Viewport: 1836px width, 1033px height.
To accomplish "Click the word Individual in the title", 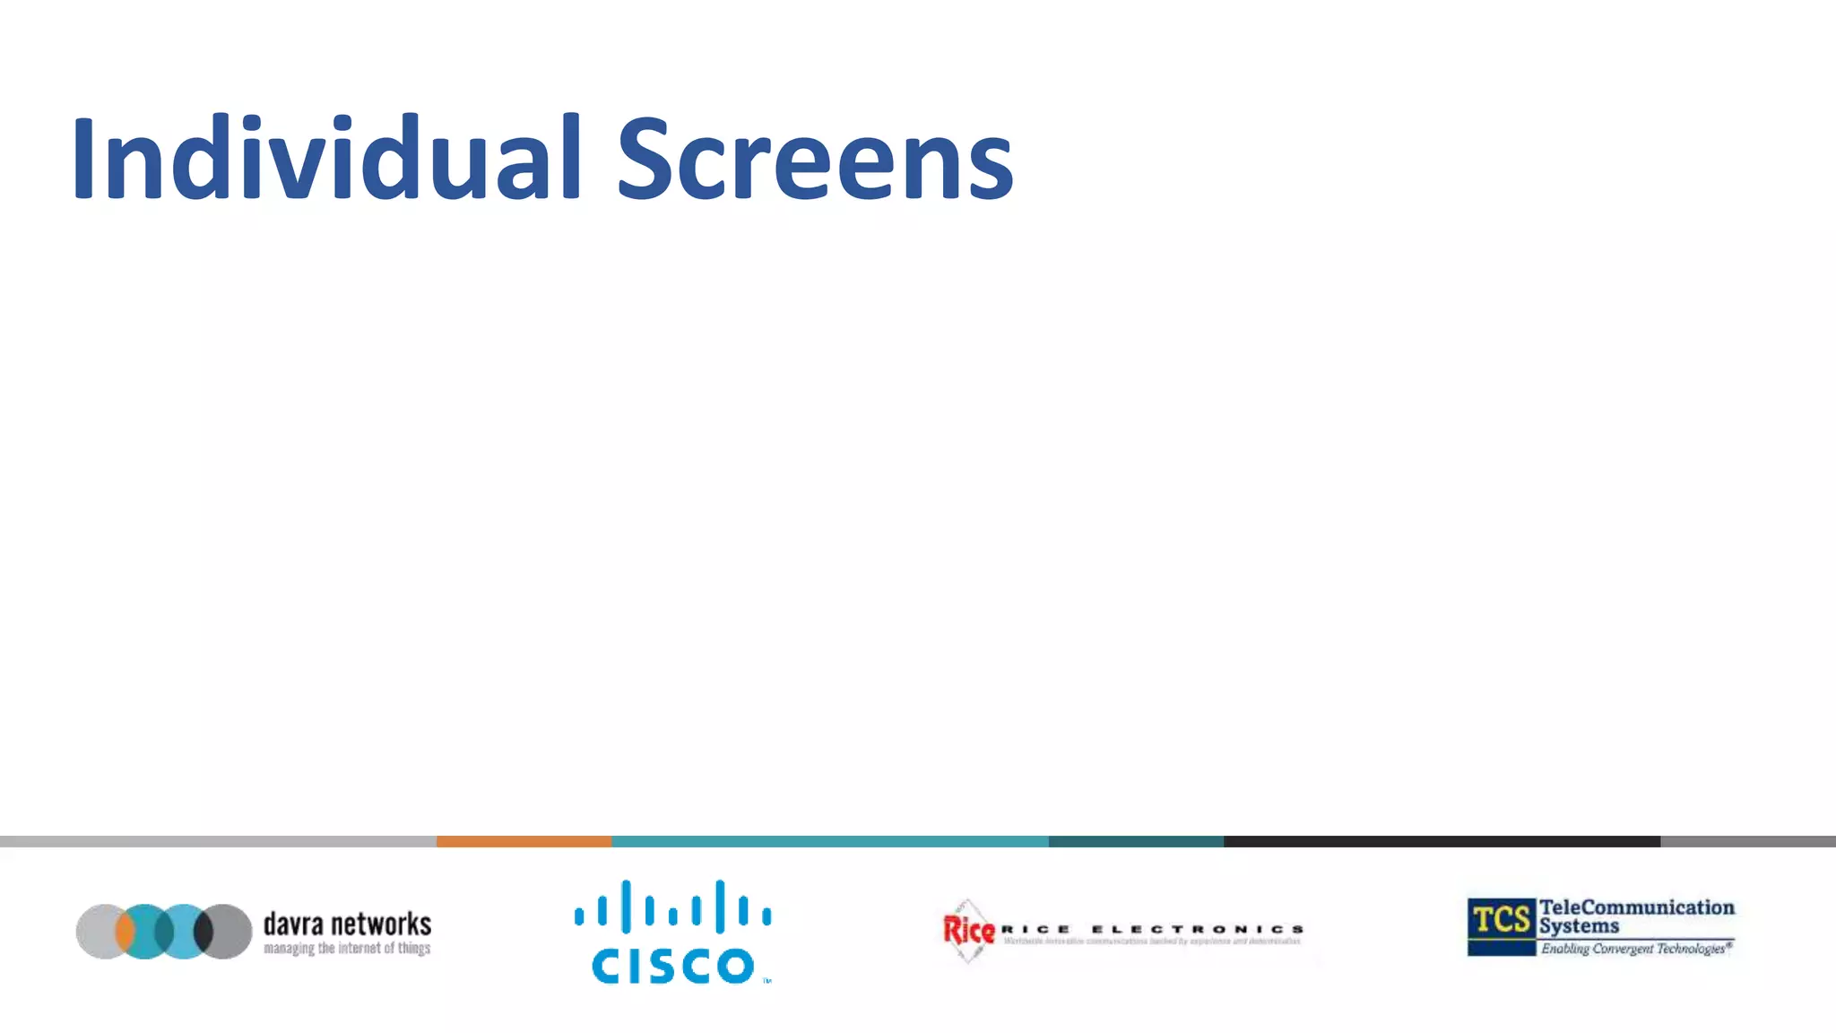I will pyautogui.click(x=327, y=158).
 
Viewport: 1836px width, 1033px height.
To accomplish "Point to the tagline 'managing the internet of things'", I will pyautogui.click(x=347, y=949).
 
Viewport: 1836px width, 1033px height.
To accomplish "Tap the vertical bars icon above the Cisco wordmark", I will pyautogui.click(x=672, y=906).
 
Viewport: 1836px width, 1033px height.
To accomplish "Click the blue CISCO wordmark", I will pyautogui.click(x=672, y=966).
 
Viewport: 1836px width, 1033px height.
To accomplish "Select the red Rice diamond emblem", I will pyautogui.click(x=968, y=931).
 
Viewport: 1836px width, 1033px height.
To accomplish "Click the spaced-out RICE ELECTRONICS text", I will pyautogui.click(x=1152, y=929).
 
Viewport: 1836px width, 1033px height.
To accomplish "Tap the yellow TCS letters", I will pyautogui.click(x=1502, y=920).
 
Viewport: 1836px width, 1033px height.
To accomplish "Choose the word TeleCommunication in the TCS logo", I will pyautogui.click(x=1637, y=907).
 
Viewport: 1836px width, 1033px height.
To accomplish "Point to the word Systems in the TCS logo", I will pyautogui.click(x=1580, y=925).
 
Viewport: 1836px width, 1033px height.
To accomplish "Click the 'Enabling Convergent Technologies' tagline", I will pyautogui.click(x=1636, y=949).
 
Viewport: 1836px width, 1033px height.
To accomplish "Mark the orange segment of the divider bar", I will pyautogui.click(x=524, y=841).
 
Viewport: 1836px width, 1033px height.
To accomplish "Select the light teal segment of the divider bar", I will pyautogui.click(x=829, y=841).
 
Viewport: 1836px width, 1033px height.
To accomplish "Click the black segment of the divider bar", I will pyautogui.click(x=1442, y=841).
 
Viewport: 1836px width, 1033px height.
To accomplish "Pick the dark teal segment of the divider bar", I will pyautogui.click(x=1136, y=841).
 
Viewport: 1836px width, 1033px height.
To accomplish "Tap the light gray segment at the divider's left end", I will pyautogui.click(x=218, y=841).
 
